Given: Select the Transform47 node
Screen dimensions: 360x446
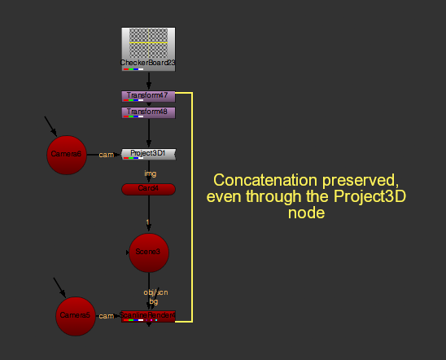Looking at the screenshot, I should tap(148, 96).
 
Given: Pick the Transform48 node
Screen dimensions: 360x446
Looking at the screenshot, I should tap(148, 112).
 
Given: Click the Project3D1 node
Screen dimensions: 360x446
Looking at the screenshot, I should tap(148, 153).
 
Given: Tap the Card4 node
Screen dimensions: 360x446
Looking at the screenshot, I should tap(148, 189).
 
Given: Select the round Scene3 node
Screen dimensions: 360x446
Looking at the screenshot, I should tap(149, 253).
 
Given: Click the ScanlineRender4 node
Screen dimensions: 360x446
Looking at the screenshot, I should tap(148, 315).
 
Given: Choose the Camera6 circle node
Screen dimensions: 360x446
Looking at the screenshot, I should tap(67, 154).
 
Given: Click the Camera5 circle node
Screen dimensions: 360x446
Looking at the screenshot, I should tap(77, 316).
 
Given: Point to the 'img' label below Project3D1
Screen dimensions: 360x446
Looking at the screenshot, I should tap(150, 173).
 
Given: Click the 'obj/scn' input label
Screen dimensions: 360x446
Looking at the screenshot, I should tap(155, 292).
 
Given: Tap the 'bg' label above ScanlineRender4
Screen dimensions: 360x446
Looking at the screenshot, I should tap(153, 301).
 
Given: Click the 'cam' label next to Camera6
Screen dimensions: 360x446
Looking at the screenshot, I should tap(106, 154).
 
